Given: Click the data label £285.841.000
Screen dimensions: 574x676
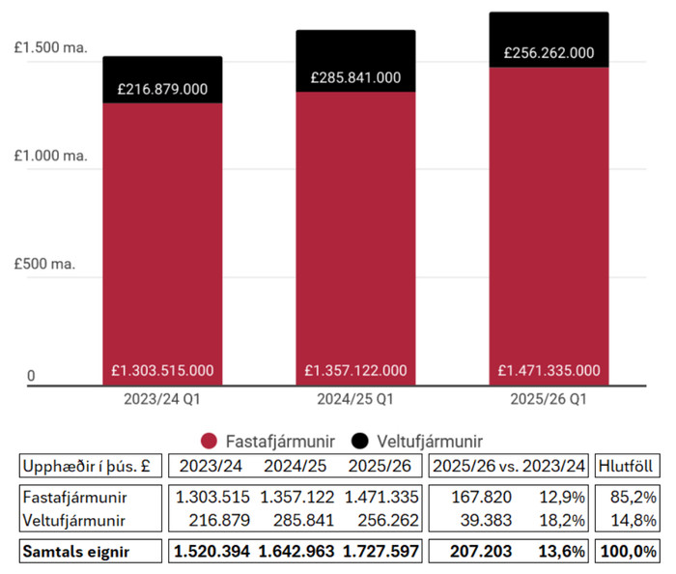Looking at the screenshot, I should click(355, 76).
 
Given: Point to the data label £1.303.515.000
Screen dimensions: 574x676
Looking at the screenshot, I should click(162, 370).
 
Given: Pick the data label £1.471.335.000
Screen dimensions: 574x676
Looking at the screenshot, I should click(549, 370).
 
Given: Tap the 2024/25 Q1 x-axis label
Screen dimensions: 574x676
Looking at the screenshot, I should click(355, 398).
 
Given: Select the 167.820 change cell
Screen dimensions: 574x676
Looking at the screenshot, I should click(479, 497).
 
